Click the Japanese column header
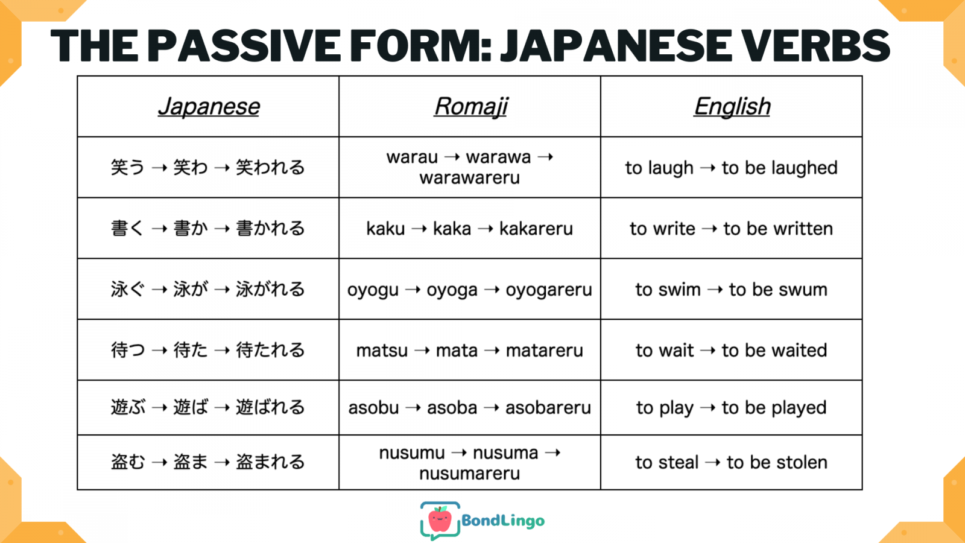click(x=209, y=106)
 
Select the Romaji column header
click(x=471, y=107)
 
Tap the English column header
click(x=732, y=106)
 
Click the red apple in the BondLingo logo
click(x=440, y=519)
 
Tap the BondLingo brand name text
click(x=503, y=521)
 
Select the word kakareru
click(x=536, y=229)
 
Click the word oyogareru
click(x=549, y=290)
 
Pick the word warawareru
click(x=470, y=177)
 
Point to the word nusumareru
click(x=470, y=474)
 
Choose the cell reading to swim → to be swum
click(x=732, y=290)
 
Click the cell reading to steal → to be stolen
click(x=732, y=462)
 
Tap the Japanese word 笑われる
click(x=270, y=167)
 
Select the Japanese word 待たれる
click(x=270, y=350)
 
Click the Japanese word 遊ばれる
click(x=270, y=407)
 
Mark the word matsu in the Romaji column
click(x=382, y=351)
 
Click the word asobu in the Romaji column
click(x=373, y=408)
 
